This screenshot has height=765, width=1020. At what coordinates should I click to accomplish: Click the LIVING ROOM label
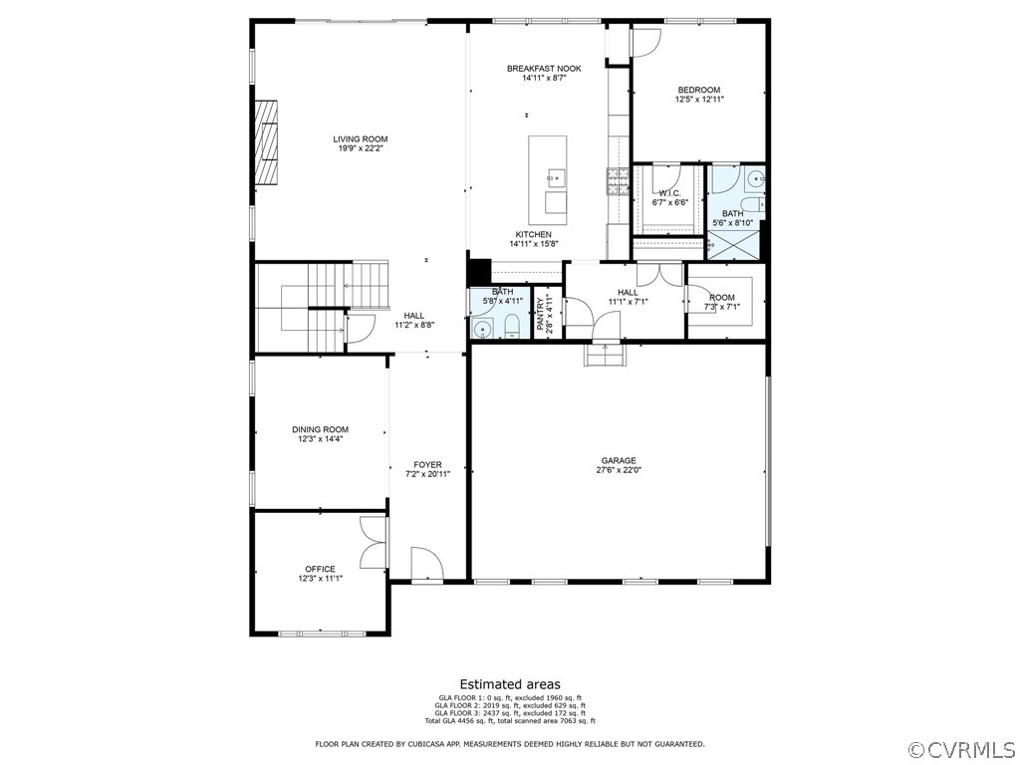361,139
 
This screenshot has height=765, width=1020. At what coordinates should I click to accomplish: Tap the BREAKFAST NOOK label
544,69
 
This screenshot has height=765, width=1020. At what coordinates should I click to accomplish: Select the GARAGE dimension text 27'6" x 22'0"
619,470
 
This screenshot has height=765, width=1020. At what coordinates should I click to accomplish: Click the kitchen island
548,179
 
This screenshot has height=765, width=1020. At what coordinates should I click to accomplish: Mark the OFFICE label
321,569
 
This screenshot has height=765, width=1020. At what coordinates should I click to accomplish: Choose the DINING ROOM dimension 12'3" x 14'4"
321,439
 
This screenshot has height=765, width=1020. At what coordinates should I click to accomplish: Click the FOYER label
428,465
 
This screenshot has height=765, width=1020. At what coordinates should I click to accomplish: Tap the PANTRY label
541,314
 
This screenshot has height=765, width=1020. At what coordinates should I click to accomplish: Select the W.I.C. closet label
669,193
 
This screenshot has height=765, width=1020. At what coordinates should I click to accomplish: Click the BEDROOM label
698,90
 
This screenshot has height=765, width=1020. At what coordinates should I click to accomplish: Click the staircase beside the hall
319,305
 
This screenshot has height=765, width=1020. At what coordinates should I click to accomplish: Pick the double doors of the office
375,543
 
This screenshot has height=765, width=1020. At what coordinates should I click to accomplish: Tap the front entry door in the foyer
426,563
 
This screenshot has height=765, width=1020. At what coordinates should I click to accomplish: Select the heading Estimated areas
509,684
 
